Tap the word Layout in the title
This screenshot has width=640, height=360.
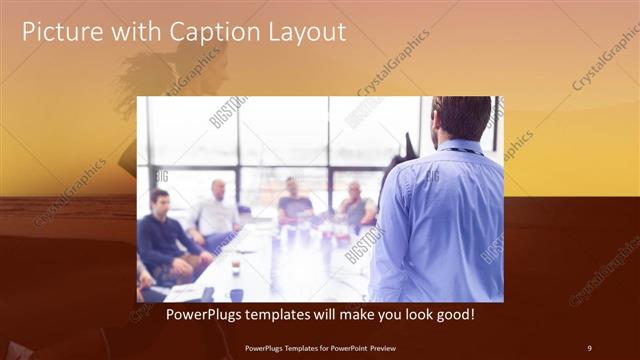coord(304,32)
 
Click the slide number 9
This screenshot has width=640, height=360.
coord(589,348)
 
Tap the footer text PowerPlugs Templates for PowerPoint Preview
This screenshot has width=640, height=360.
coord(319,348)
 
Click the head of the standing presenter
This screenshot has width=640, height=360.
coord(461,118)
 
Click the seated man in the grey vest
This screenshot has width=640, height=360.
coord(356,205)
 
